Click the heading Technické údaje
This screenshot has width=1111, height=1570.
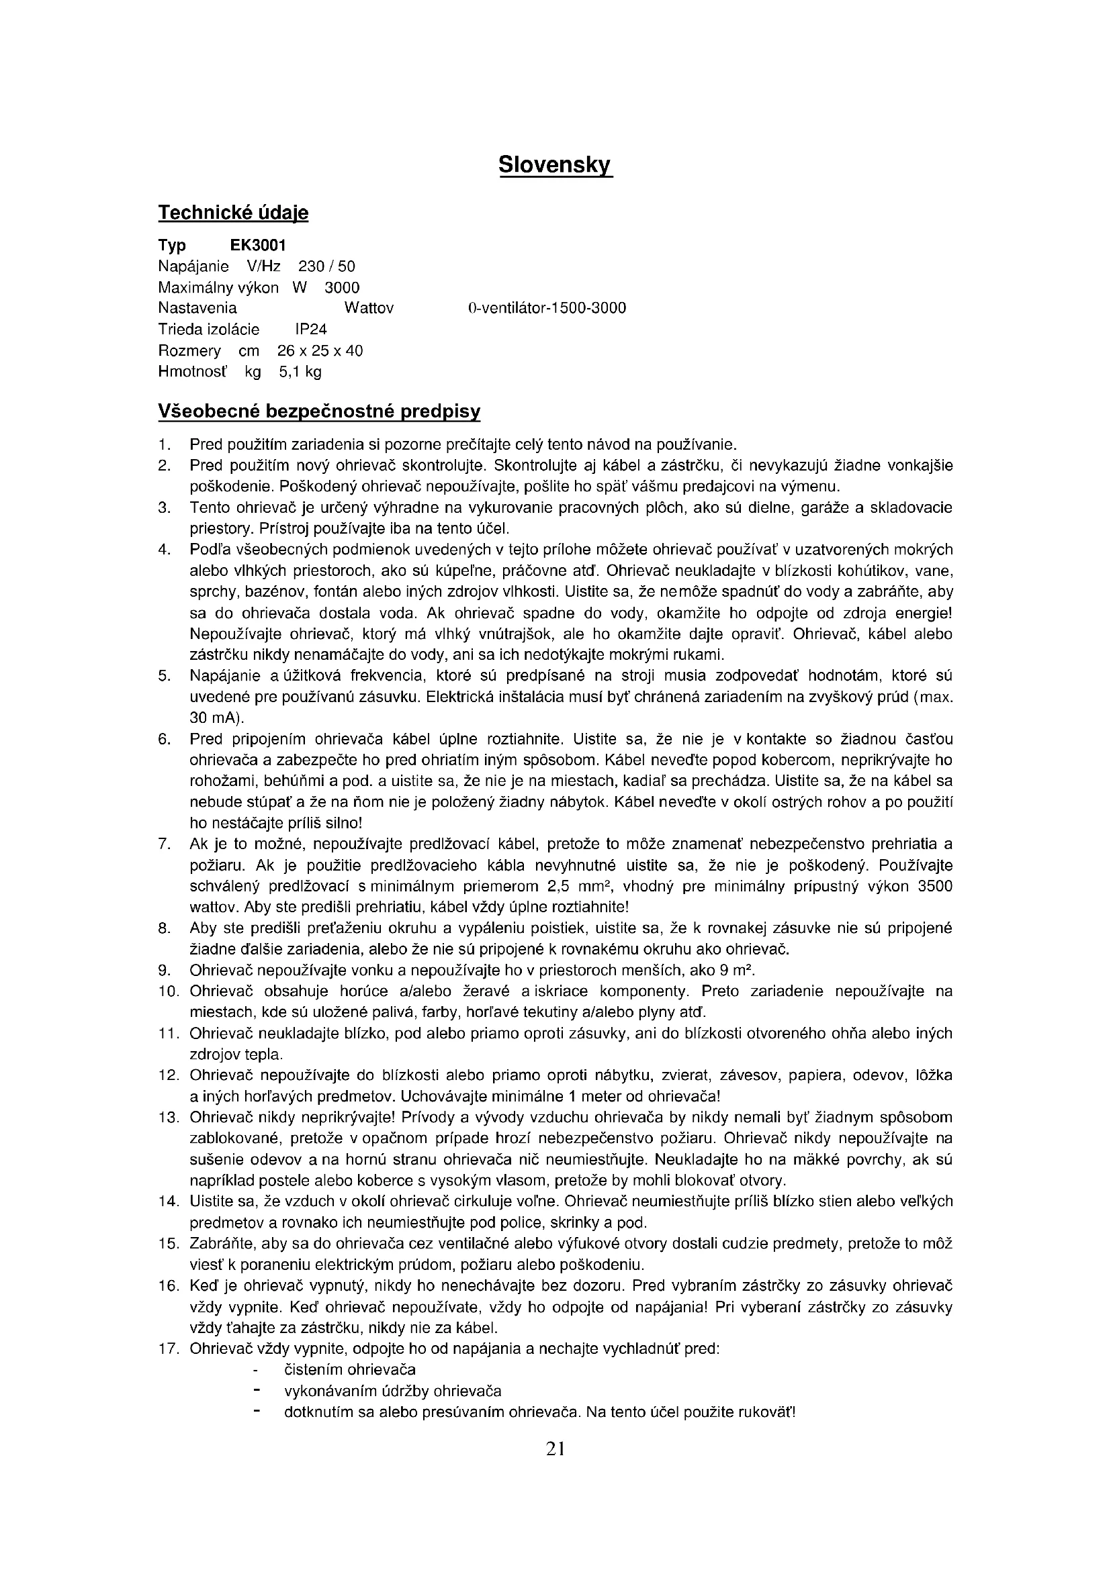click(233, 213)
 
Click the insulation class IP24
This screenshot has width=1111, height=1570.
click(310, 330)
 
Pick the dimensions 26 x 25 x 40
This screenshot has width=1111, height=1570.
click(320, 351)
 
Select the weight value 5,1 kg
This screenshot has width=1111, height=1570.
click(300, 372)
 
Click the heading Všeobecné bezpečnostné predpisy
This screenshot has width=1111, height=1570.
click(319, 411)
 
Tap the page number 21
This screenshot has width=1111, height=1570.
click(555, 1448)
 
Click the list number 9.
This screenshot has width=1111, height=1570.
click(163, 971)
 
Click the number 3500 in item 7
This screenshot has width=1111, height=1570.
click(935, 886)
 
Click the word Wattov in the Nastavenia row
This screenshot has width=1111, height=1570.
click(369, 308)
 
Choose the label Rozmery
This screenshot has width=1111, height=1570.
click(189, 351)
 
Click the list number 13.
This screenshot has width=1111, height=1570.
click(169, 1118)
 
